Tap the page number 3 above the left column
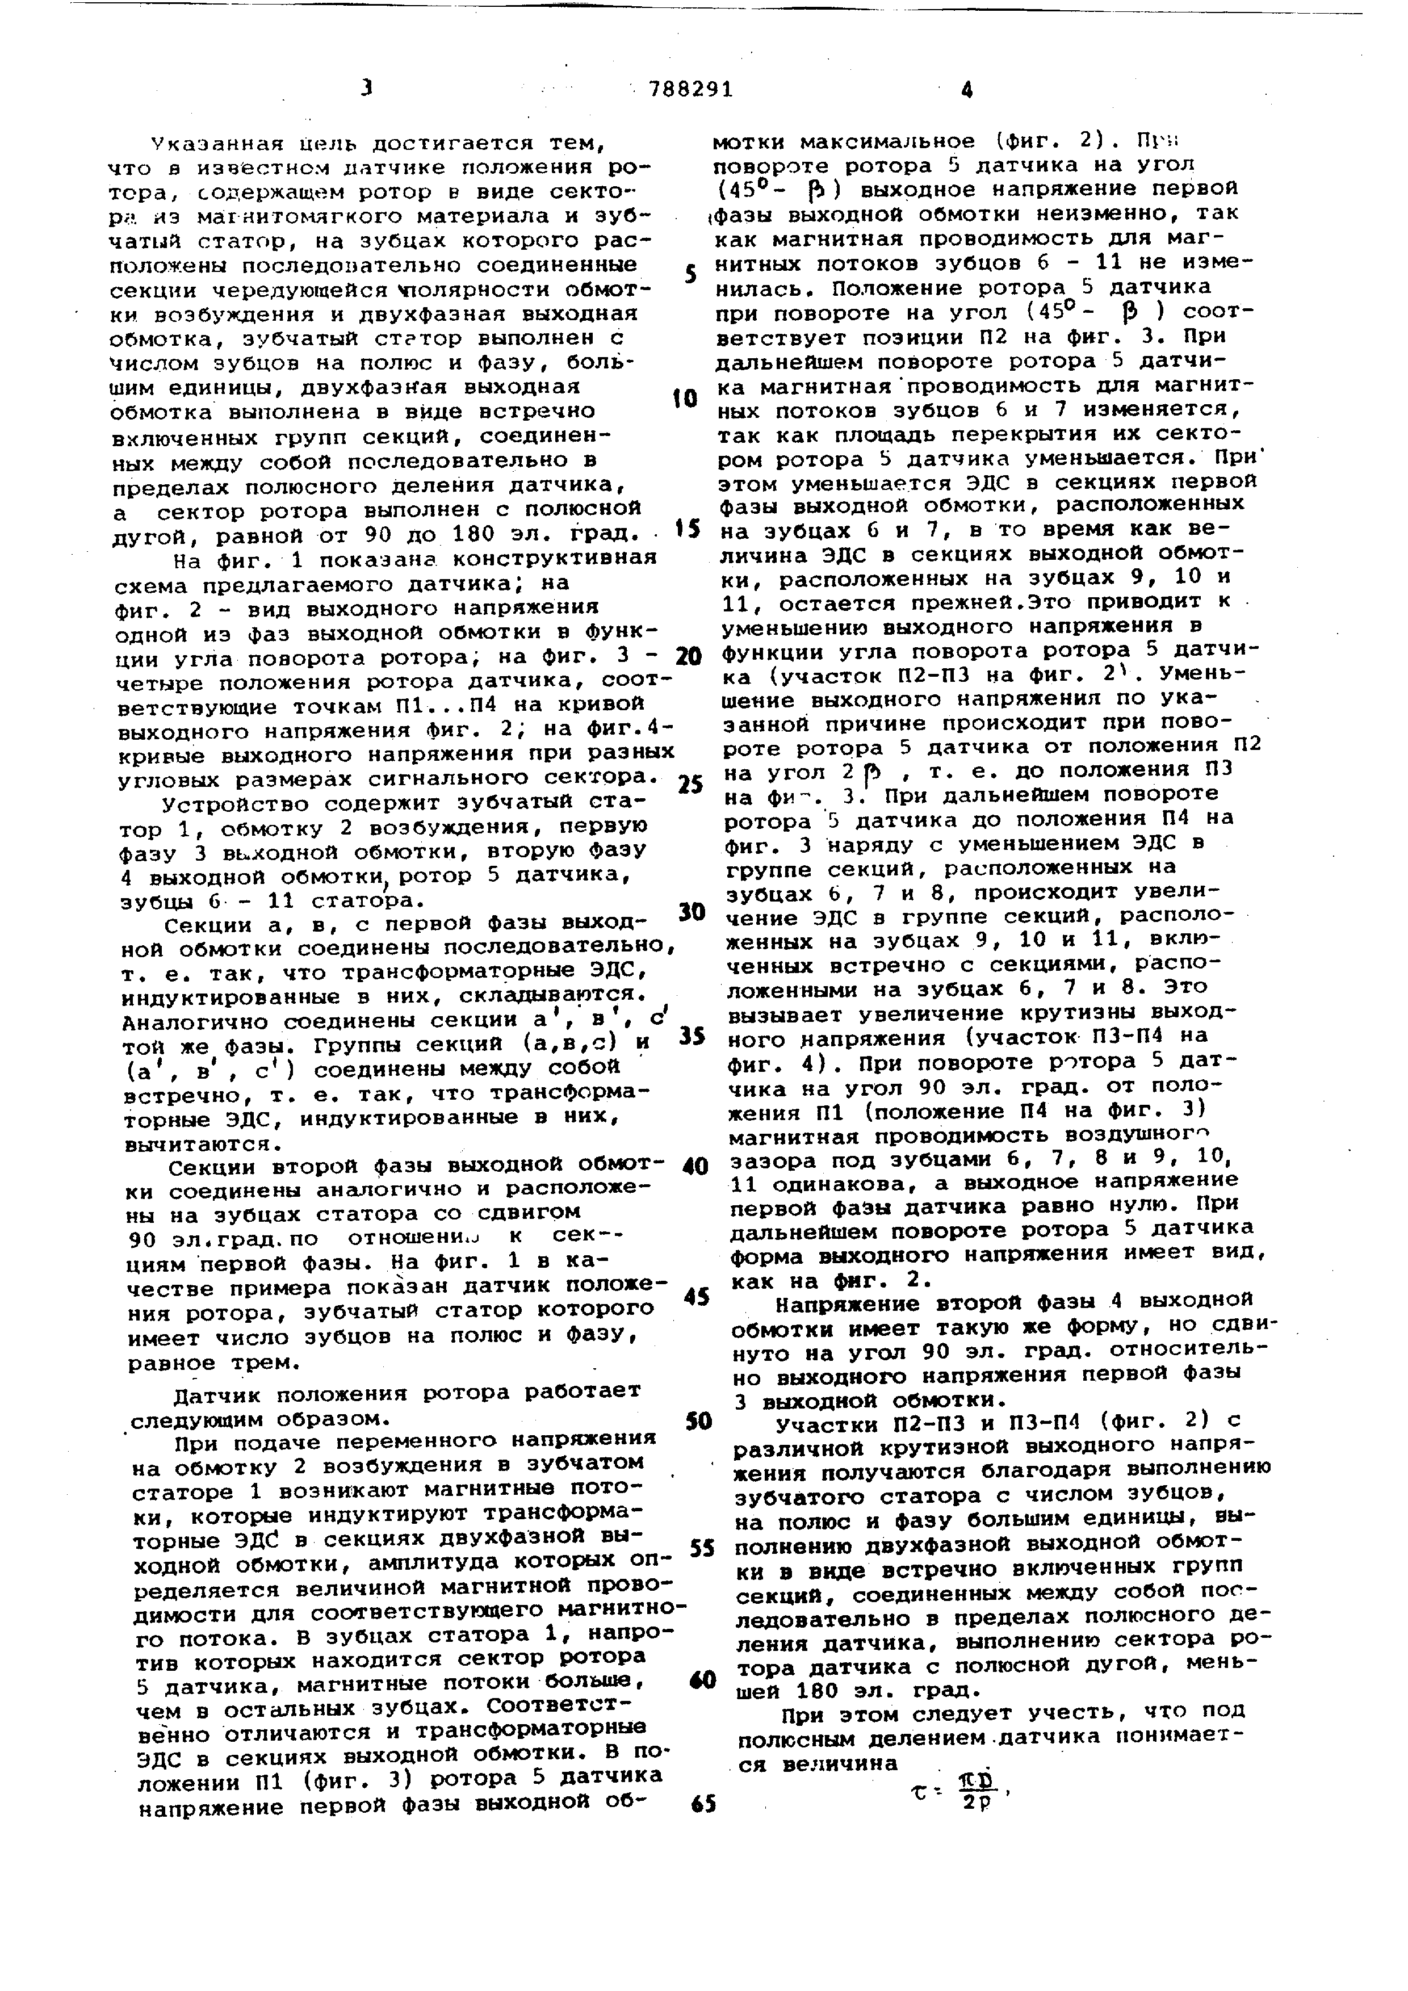[367, 87]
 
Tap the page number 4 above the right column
[967, 89]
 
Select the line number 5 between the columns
[690, 275]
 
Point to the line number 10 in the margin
[685, 399]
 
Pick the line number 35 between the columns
[690, 1036]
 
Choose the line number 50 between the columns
[698, 1421]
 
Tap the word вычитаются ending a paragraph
[201, 1144]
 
